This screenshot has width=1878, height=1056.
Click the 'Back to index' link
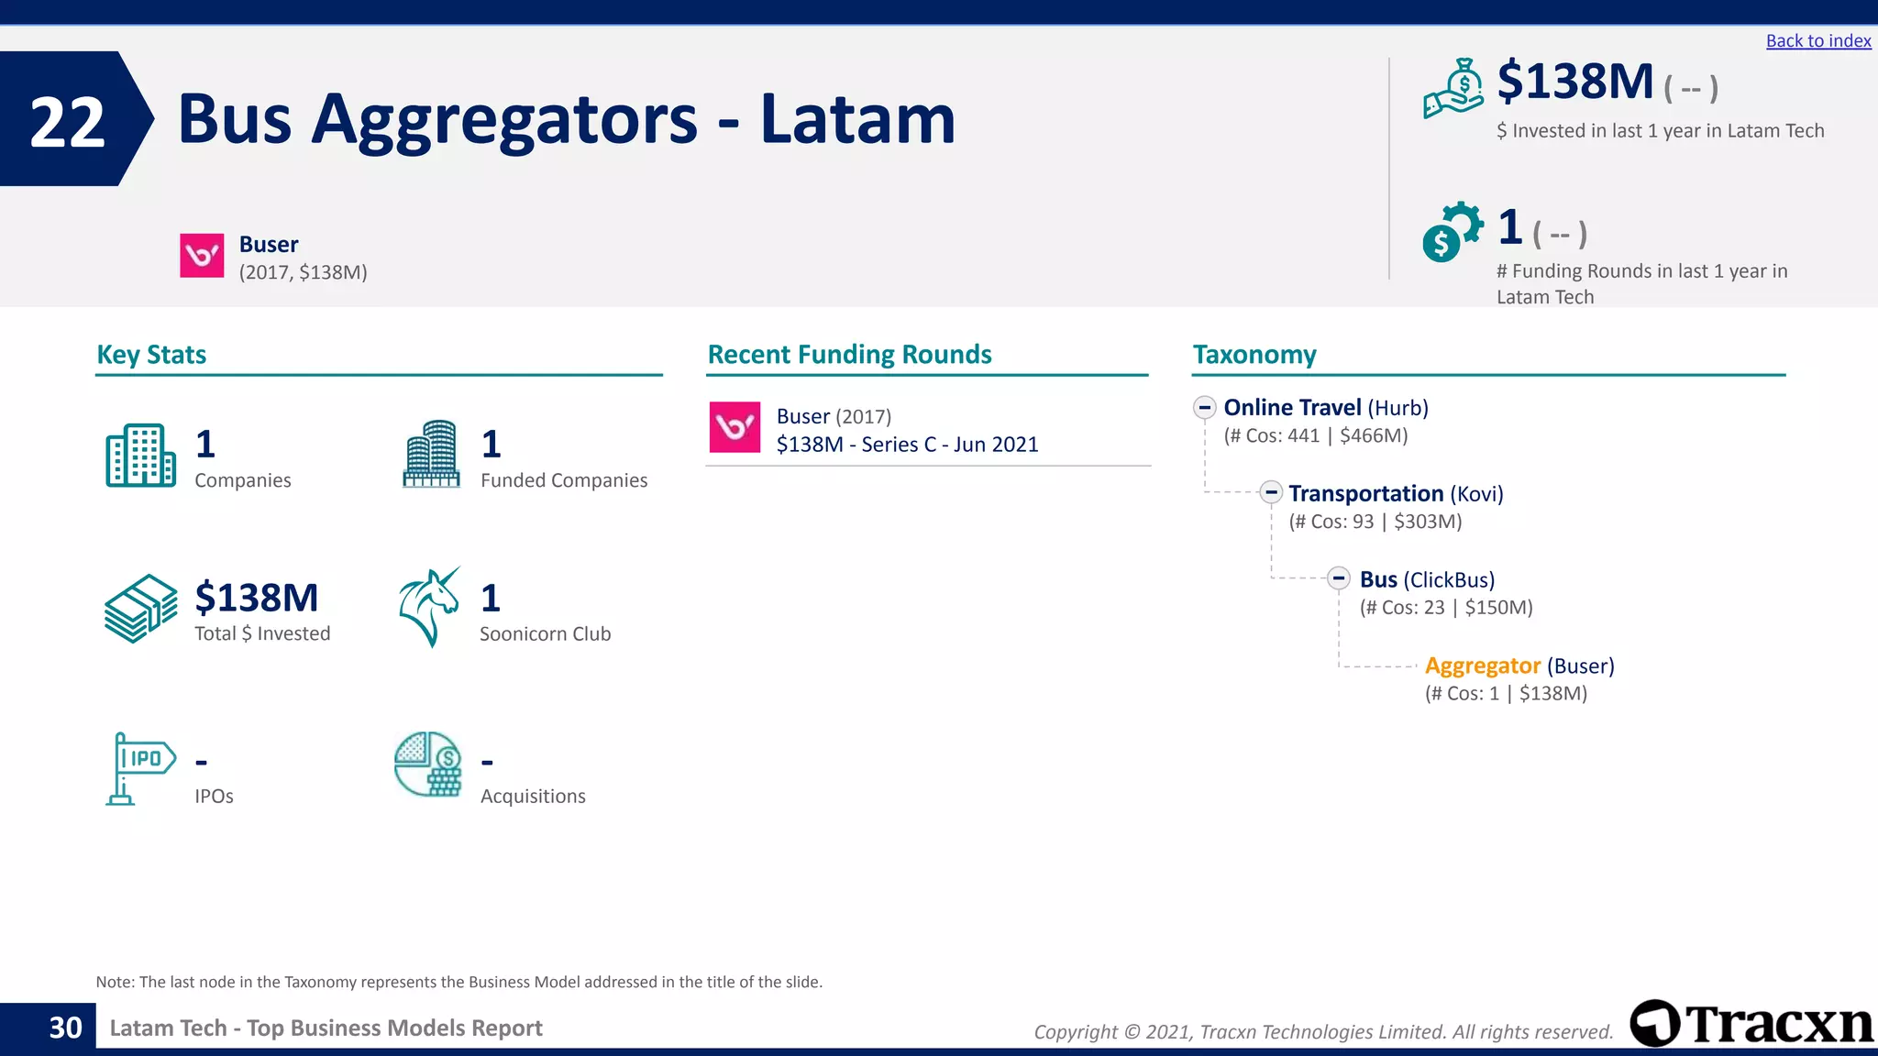point(1817,41)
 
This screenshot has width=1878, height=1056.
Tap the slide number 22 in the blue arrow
point(67,122)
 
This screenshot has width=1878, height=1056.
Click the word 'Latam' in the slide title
point(857,119)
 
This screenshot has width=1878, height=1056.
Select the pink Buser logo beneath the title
point(202,256)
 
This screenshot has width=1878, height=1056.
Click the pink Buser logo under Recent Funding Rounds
point(735,427)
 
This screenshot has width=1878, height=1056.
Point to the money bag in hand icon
point(1453,89)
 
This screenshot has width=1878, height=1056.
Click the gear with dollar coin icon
point(1452,232)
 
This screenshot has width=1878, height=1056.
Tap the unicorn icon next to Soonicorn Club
point(429,607)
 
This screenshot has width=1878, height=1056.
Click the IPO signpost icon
point(139,768)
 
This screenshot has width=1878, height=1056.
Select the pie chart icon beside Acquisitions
point(428,764)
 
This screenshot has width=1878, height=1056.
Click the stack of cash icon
point(140,609)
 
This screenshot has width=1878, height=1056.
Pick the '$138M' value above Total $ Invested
point(257,598)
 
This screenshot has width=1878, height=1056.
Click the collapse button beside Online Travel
point(1205,408)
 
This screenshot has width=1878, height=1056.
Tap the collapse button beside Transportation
point(1270,493)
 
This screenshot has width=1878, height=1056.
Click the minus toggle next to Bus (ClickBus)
point(1339,578)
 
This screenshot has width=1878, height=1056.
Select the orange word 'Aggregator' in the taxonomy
point(1482,665)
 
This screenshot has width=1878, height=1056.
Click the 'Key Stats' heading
point(151,355)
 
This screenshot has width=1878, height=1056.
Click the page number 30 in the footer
point(65,1028)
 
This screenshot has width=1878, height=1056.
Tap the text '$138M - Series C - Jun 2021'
point(907,445)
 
